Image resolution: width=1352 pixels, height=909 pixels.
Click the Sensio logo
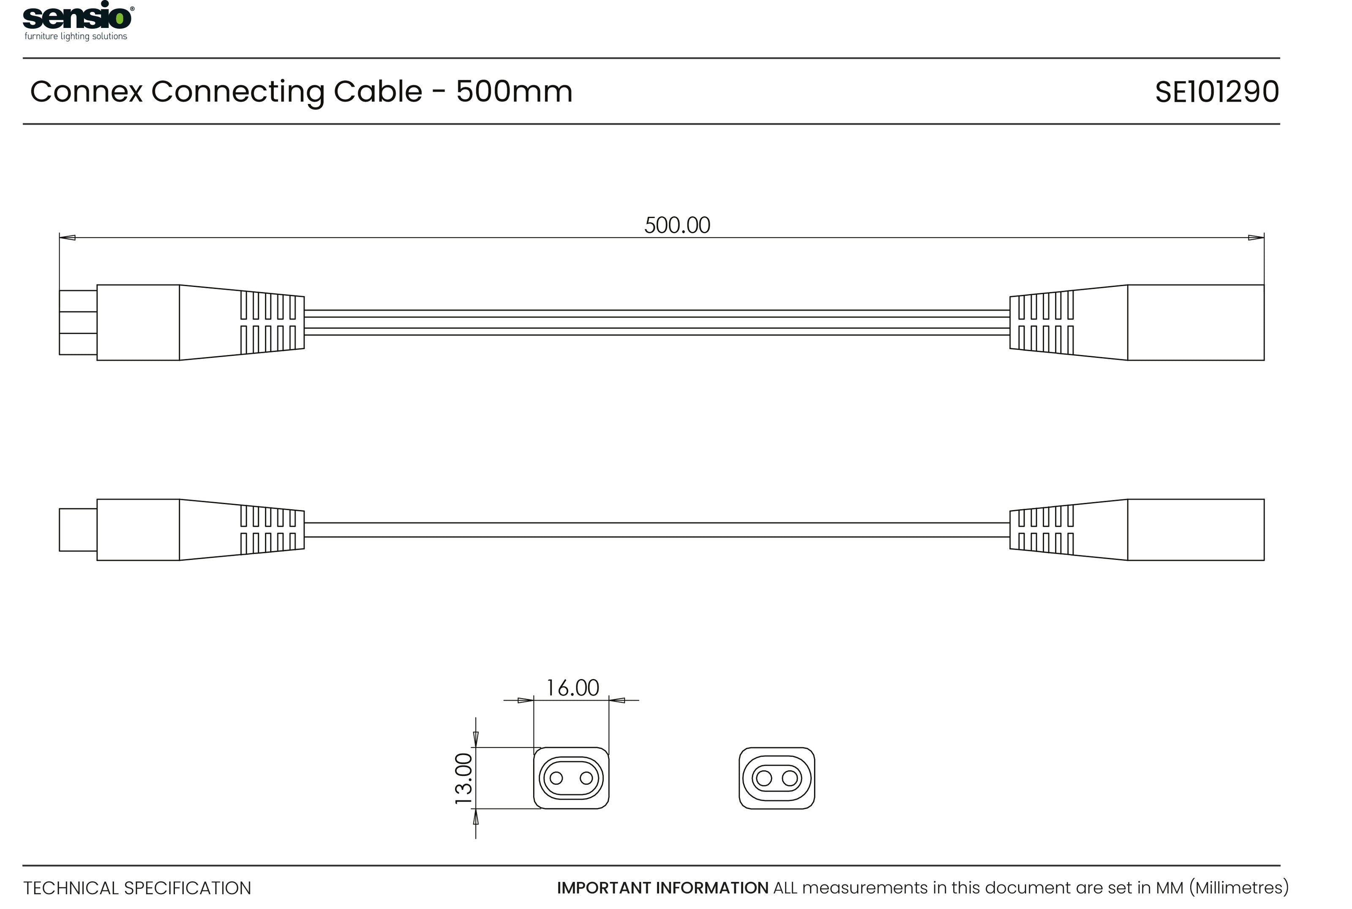(x=78, y=21)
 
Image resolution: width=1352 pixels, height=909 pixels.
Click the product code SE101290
(x=1216, y=92)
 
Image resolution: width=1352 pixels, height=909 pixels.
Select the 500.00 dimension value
(x=677, y=225)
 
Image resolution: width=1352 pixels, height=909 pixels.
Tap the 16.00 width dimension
(x=572, y=688)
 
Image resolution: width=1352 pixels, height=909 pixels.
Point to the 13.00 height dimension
(x=463, y=778)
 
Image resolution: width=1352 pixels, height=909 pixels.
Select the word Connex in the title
(x=86, y=92)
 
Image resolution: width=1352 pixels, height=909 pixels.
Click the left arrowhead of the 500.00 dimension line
(x=67, y=237)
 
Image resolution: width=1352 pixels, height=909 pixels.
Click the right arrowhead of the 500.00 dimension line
(x=1256, y=237)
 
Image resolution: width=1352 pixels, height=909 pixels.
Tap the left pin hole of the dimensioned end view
(x=556, y=778)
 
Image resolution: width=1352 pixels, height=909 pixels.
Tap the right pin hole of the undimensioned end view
(x=790, y=778)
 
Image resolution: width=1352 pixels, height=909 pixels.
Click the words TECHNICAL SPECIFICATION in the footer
(x=137, y=888)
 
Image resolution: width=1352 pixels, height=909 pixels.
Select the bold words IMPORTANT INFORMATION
(x=662, y=888)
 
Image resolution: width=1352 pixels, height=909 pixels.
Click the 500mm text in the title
(x=514, y=92)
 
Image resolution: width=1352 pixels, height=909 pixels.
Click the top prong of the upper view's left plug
(x=78, y=301)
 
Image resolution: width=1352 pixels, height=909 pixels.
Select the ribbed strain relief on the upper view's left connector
(x=268, y=322)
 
